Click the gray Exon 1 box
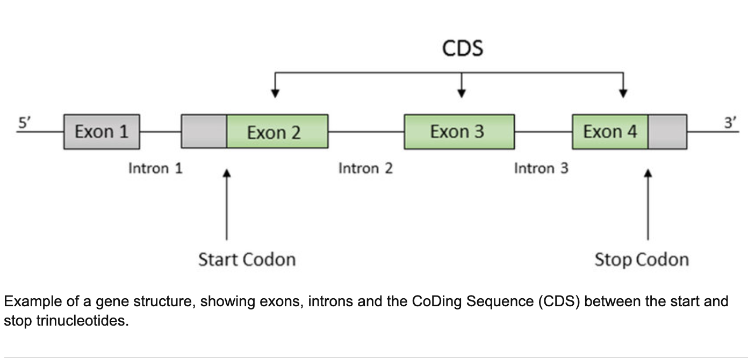tap(102, 132)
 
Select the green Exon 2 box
tap(277, 132)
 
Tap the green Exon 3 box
tap(459, 132)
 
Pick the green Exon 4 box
tap(610, 132)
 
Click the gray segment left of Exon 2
tap(204, 132)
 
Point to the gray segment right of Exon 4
tap(667, 132)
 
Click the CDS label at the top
tap(463, 48)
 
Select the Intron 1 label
tap(155, 169)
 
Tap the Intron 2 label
tap(365, 169)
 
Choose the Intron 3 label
tap(541, 169)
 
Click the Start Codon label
tap(247, 260)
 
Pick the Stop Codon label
tap(641, 260)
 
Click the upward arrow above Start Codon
tap(227, 204)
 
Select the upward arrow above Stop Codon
tap(648, 204)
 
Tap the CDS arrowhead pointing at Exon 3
tap(461, 93)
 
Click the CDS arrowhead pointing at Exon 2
tap(275, 93)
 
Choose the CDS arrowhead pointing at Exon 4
tap(623, 93)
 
